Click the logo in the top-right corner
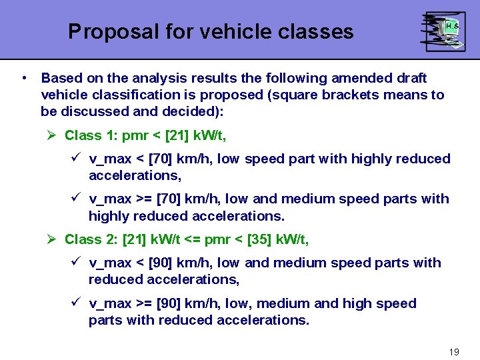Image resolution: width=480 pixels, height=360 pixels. pos(443,31)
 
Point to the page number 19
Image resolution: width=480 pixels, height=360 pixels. pos(454,351)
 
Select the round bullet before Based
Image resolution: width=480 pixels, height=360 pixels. pos(24,78)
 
